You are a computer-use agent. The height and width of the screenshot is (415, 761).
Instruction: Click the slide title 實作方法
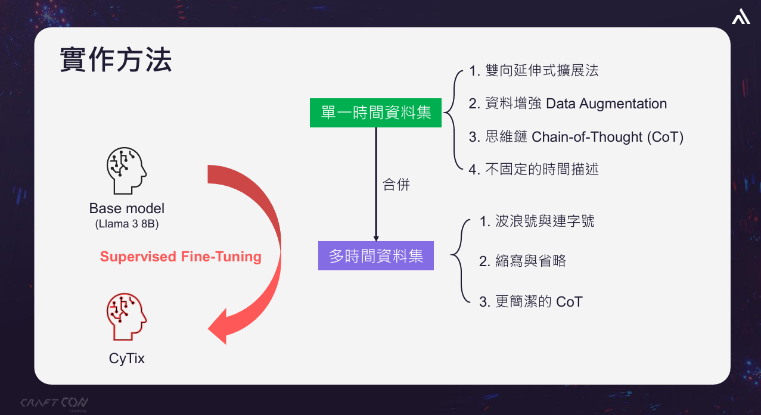tap(116, 60)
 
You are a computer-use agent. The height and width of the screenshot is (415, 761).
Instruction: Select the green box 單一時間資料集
tap(375, 113)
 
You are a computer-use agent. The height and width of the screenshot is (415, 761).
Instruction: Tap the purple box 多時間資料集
tap(376, 256)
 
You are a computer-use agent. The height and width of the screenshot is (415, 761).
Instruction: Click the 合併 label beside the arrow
tap(396, 185)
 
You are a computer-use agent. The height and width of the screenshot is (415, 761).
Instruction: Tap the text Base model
tap(126, 208)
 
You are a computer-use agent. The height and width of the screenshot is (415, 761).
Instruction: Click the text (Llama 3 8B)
tap(126, 225)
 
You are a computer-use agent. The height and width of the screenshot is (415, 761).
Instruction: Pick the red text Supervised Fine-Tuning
tap(181, 257)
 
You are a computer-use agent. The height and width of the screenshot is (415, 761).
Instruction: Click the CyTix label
tap(126, 359)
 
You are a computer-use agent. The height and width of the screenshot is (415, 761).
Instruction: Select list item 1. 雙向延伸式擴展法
tap(533, 71)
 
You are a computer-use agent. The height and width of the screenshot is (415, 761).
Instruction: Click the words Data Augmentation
tap(606, 104)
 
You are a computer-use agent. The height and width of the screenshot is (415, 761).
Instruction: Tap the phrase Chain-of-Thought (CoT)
tap(607, 137)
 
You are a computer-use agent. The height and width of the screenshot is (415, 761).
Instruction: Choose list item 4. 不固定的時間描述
tap(533, 170)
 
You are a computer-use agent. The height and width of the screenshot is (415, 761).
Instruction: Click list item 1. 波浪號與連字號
tap(536, 221)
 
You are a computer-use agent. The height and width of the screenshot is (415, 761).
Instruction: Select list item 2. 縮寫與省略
tap(522, 261)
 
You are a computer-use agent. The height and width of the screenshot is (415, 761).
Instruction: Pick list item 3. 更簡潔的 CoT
tap(530, 301)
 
